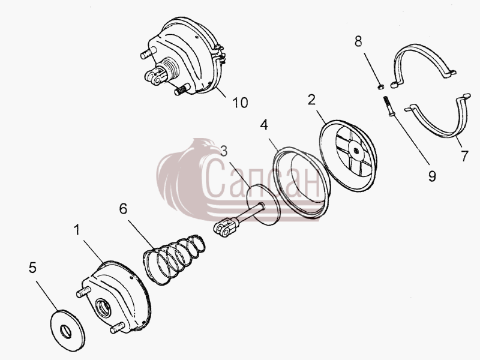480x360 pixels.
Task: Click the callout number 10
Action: point(241,103)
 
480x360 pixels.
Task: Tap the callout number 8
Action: point(358,41)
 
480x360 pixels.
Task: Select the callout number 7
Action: point(464,156)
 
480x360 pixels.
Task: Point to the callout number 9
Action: point(432,176)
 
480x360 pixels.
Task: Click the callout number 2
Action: point(311,100)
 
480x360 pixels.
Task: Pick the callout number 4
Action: point(264,125)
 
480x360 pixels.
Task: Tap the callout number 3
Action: point(224,151)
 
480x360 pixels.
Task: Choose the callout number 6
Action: point(123,209)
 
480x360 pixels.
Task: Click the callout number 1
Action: point(77,230)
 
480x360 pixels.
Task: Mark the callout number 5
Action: point(32,268)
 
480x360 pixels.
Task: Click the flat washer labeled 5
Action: point(67,330)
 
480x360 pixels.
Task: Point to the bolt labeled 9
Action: point(387,106)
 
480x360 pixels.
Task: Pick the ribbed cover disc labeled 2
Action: point(349,156)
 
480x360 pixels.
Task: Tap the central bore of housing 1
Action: point(104,308)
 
